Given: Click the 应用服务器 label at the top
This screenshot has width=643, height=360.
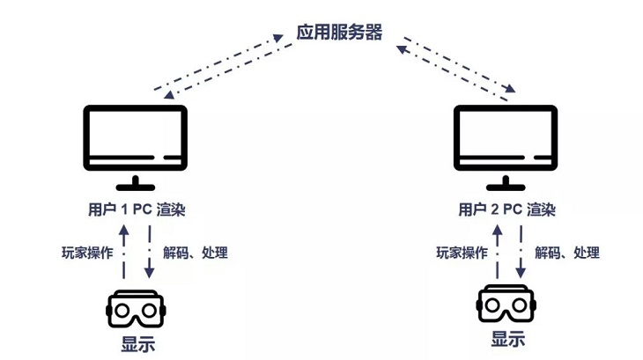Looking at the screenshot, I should click(x=338, y=33).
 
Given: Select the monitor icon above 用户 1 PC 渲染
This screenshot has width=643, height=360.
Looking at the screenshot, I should click(x=135, y=138).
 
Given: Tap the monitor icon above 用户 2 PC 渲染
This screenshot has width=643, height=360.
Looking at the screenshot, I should click(x=506, y=138).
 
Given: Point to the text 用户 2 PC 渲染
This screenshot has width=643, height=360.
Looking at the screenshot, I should click(x=506, y=210).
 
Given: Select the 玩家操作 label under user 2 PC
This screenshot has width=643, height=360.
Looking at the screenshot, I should click(x=462, y=253).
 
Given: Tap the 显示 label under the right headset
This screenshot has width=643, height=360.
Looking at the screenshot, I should click(x=508, y=340).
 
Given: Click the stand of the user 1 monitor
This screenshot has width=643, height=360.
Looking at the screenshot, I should click(x=135, y=183).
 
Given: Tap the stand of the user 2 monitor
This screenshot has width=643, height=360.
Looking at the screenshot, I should click(x=506, y=183).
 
